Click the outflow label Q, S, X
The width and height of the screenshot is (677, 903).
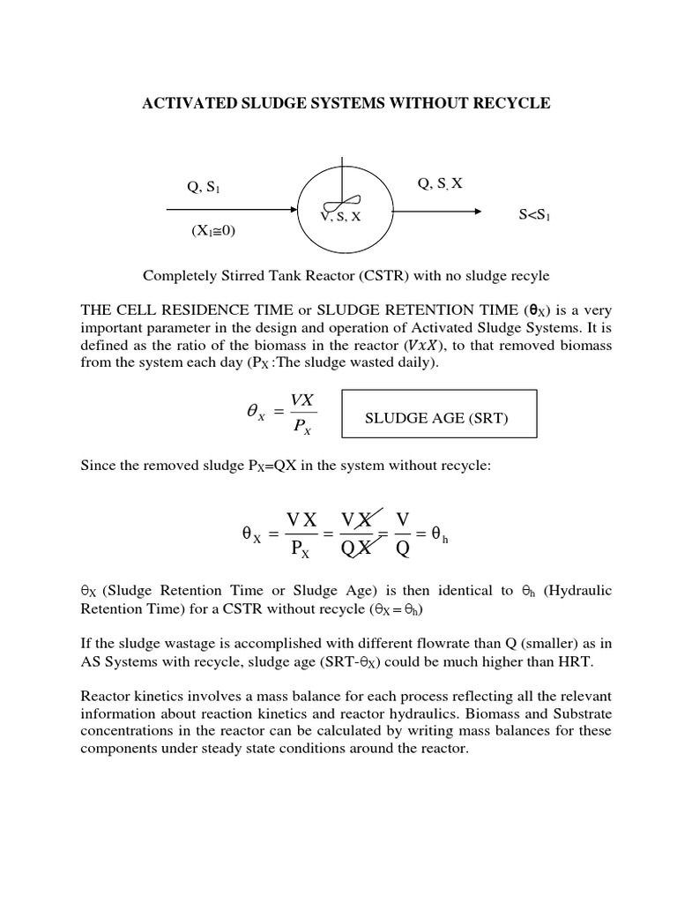click(440, 183)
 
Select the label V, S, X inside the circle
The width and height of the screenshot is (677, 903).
click(340, 217)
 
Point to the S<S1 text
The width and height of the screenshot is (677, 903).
click(535, 215)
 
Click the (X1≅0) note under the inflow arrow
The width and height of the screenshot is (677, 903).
click(213, 231)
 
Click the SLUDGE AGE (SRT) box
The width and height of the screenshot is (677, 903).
click(436, 419)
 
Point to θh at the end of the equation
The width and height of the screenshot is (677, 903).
click(438, 534)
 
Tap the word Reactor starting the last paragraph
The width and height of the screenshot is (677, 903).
click(105, 698)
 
